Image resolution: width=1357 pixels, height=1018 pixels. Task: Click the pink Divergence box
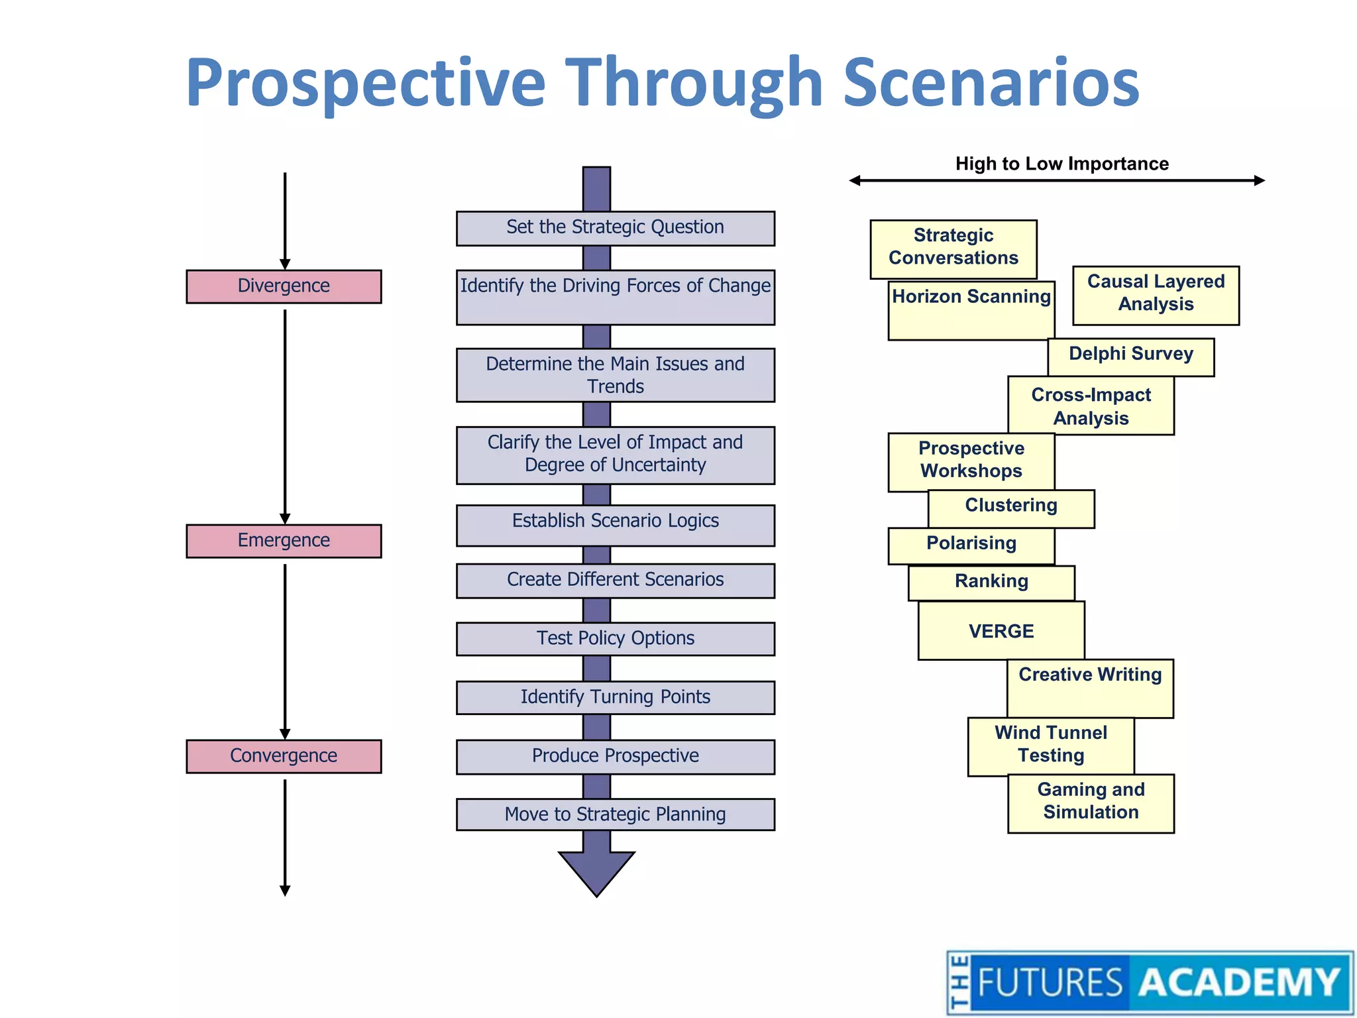(284, 286)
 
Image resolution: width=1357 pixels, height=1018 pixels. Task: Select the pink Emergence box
(284, 541)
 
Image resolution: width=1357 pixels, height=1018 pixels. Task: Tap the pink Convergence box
(284, 756)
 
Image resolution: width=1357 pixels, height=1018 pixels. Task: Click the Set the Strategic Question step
(615, 228)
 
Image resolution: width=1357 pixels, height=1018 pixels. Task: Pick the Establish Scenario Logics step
(615, 525)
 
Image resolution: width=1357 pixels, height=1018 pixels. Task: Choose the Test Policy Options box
(615, 638)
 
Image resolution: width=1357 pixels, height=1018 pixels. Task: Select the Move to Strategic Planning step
(615, 814)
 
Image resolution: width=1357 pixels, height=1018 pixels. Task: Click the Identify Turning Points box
(615, 697)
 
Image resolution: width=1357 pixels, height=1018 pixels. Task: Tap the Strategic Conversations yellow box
(953, 248)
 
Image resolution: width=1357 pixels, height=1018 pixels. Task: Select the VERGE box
(1001, 631)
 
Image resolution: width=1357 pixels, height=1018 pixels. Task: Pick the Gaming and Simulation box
(1091, 802)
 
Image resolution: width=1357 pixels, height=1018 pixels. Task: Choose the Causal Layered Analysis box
(1156, 294)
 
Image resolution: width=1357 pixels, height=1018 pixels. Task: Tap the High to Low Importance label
(1061, 164)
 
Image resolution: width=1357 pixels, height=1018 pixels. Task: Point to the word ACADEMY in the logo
(1239, 982)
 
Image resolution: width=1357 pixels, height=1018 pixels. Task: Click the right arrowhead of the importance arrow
(1260, 180)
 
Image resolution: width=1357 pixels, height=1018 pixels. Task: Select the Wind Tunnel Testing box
(1050, 745)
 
